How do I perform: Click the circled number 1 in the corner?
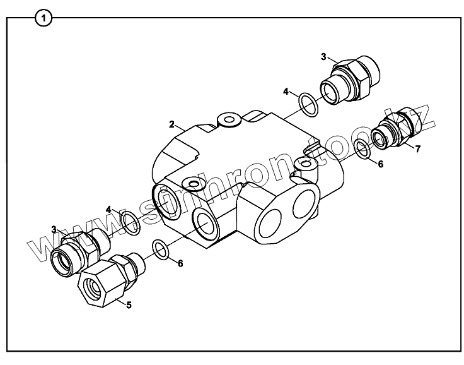43,18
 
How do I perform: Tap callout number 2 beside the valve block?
171,124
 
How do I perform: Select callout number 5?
129,305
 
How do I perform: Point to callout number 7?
417,148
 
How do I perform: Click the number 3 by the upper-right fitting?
323,57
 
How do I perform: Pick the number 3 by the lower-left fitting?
54,229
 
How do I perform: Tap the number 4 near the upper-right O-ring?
286,92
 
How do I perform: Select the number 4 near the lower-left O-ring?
109,209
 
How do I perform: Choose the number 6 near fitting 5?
180,263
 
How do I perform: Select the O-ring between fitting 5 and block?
161,249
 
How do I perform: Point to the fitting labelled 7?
392,132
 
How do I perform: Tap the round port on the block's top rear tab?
225,119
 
